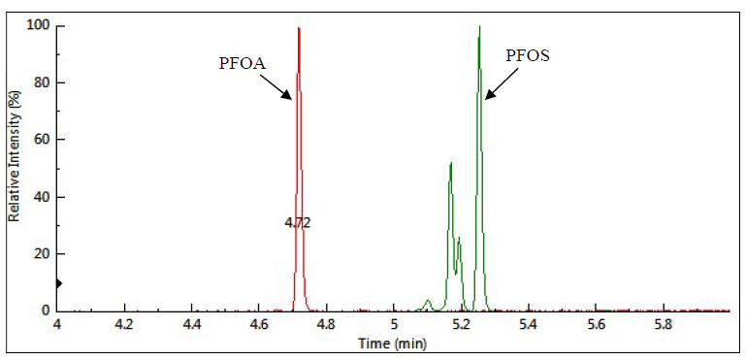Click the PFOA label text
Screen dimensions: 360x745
[241, 64]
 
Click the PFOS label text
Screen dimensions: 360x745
[529, 56]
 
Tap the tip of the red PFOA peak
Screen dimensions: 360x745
[299, 27]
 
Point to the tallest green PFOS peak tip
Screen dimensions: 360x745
[479, 26]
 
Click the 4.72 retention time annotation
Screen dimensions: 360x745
[297, 222]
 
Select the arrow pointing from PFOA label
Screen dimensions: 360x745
[278, 85]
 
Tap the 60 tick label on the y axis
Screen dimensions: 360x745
[43, 139]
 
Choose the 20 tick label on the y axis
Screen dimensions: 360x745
[43, 253]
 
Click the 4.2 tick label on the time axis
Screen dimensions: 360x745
[124, 323]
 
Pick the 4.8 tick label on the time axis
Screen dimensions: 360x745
[326, 323]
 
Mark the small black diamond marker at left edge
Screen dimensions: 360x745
[58, 283]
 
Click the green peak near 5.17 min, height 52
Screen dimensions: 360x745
[451, 164]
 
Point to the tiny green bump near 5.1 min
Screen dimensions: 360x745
[428, 301]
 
